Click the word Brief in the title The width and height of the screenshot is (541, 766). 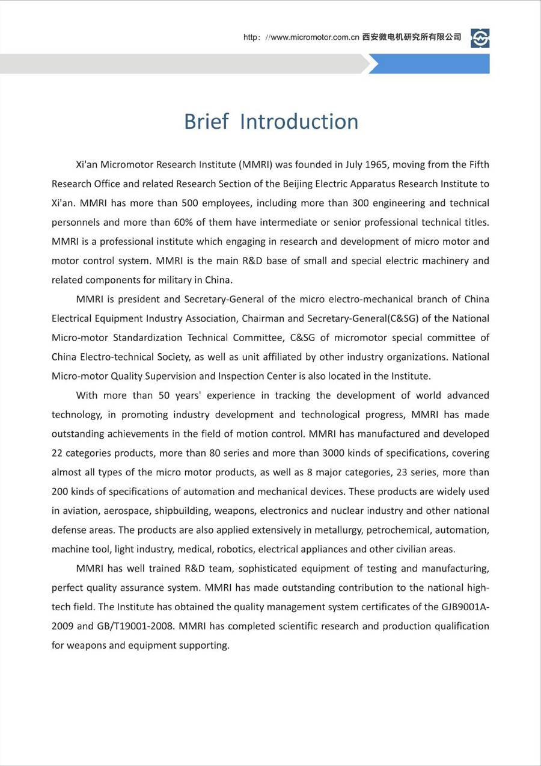coord(206,122)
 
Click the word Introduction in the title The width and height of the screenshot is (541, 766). coord(299,122)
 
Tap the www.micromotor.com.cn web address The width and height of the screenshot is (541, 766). coord(311,37)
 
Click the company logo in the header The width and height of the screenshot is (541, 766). coord(480,38)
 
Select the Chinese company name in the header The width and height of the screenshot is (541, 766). coord(412,37)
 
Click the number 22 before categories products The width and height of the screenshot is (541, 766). coord(59,453)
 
